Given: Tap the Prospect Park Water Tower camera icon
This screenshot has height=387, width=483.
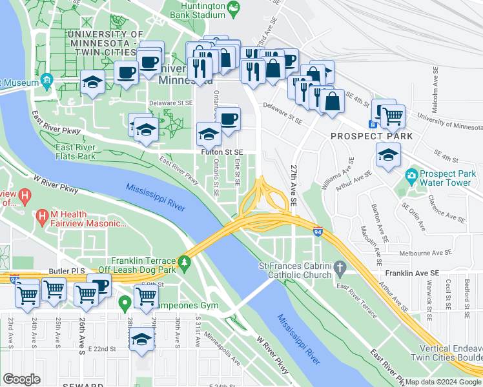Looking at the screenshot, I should pos(411,175).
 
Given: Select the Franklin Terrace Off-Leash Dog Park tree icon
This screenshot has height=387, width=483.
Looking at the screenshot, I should pos(185,262).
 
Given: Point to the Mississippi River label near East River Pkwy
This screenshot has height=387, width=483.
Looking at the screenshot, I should pos(156,197).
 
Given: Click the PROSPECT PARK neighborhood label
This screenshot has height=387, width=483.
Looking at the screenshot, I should pos(362,137).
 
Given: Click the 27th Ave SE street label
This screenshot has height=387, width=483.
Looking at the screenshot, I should pos(294,183).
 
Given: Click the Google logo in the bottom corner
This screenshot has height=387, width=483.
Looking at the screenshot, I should pos(22,379).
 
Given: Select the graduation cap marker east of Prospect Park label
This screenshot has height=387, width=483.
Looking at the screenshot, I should pos(387,155).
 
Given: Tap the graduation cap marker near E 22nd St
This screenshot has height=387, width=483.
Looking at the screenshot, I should pos(141,339).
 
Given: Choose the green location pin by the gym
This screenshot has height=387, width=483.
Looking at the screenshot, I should pos(125,301).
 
